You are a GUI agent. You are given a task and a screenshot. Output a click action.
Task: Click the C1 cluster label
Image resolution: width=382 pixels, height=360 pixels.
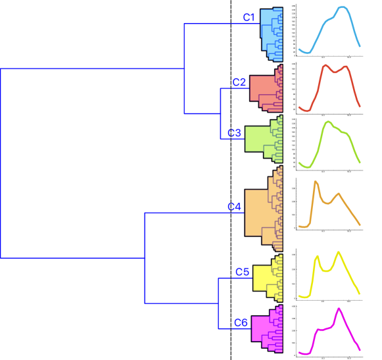[x=249, y=18]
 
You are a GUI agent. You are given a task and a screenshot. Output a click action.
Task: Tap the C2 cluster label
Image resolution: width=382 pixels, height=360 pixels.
[x=239, y=82]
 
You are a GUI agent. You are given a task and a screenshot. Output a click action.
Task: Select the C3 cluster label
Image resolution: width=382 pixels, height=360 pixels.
[x=235, y=133]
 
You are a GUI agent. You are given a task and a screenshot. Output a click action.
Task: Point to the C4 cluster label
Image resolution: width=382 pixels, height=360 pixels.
[x=235, y=207]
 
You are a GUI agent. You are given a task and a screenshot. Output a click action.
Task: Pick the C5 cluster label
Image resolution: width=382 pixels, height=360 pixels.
[x=242, y=272]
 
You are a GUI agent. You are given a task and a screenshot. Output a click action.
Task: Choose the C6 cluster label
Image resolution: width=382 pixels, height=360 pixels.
[x=241, y=322]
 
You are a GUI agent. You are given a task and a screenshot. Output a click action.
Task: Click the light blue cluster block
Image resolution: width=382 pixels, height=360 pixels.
[x=268, y=30]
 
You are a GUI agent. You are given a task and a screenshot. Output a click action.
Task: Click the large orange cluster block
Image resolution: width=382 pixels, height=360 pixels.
[x=258, y=211]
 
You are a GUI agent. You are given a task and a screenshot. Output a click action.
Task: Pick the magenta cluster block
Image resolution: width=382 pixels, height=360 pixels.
[x=261, y=327]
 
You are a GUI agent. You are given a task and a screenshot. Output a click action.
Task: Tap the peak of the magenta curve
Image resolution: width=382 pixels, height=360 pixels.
[x=339, y=309]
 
